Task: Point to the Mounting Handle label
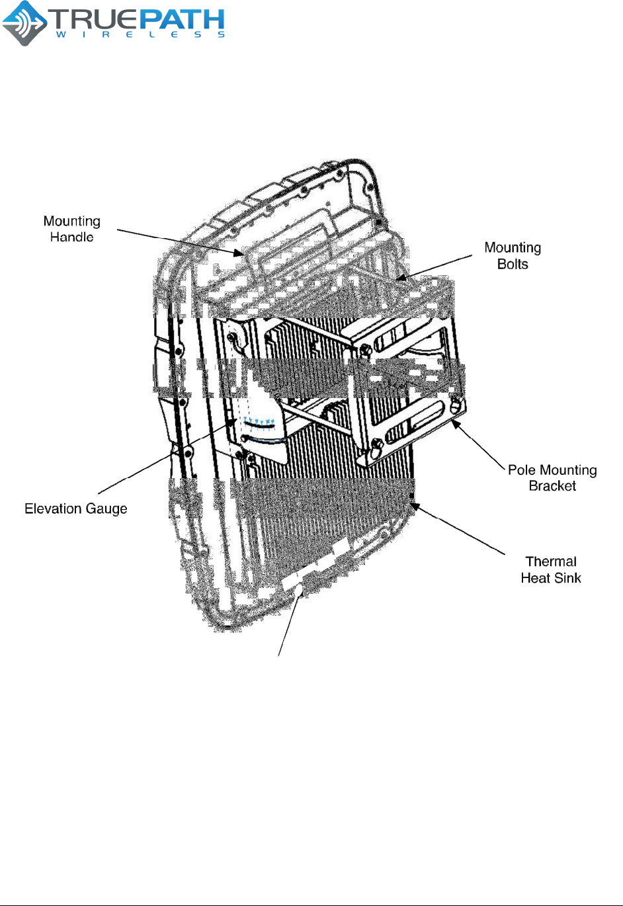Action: coord(71,229)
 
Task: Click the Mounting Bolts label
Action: coord(513,255)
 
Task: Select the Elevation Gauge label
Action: coord(76,509)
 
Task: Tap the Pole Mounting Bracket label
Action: coord(552,477)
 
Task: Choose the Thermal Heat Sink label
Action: coord(551,569)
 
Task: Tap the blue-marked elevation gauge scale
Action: coord(259,422)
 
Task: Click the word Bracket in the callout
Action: coord(552,486)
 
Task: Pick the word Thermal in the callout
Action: coord(551,561)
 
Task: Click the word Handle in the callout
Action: coord(71,237)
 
